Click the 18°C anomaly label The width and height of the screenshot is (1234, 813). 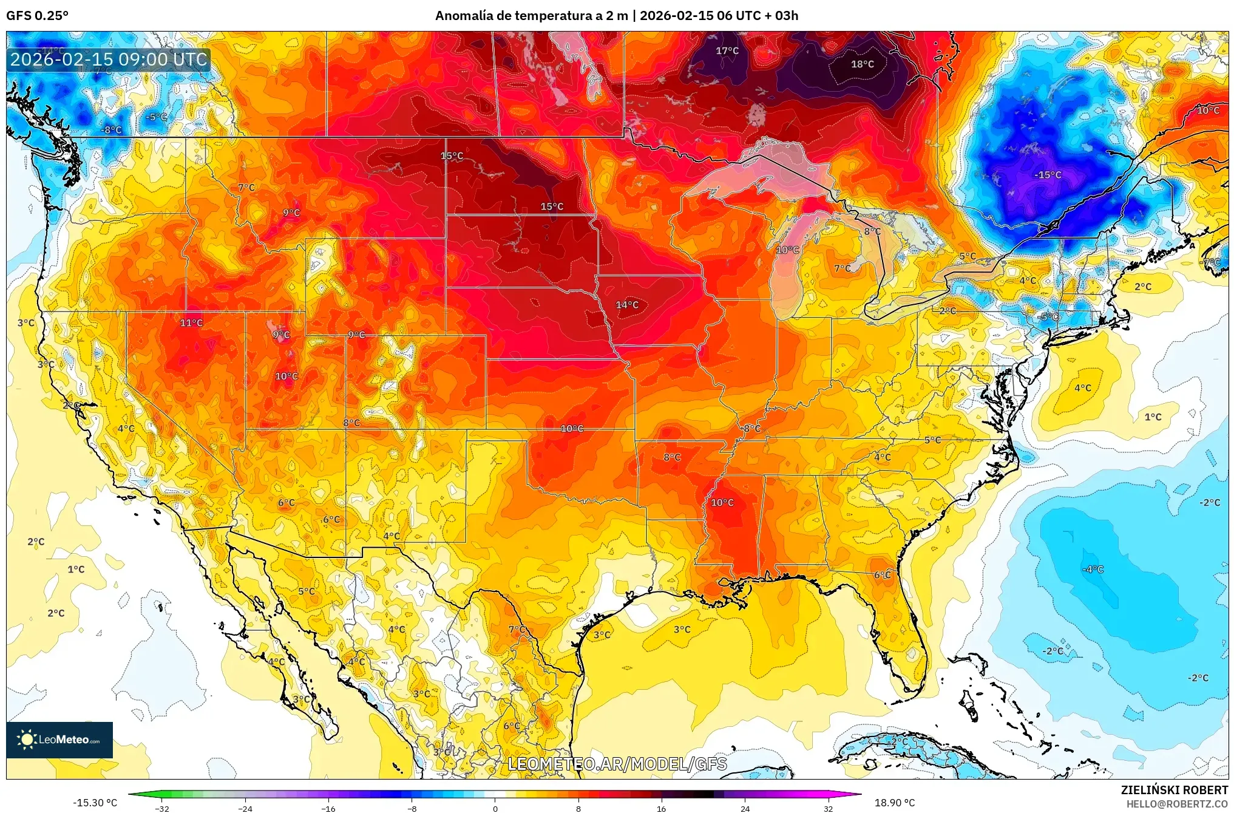[862, 64]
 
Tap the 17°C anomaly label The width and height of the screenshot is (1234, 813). [727, 51]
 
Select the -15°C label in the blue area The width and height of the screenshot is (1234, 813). [1048, 175]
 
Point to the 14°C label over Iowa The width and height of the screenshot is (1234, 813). [627, 305]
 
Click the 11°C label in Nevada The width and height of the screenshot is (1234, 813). [191, 323]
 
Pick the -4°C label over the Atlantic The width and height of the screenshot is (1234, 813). [1093, 569]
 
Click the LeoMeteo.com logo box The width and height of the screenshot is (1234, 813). [59, 740]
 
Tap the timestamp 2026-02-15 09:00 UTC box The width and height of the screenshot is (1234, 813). [109, 60]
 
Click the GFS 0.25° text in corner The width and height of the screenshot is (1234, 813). [38, 16]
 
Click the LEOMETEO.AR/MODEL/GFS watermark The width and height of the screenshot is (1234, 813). [617, 764]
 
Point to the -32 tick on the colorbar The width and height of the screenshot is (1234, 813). [162, 808]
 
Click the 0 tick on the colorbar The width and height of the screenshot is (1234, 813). [495, 808]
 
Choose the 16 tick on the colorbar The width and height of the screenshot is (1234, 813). [661, 808]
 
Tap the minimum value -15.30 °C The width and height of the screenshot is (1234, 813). [95, 803]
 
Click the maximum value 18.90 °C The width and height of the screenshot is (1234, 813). [894, 803]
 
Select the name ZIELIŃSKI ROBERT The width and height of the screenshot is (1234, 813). [1174, 790]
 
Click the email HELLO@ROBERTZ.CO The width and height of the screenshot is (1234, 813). [1177, 804]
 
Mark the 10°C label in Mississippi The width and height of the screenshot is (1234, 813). [722, 503]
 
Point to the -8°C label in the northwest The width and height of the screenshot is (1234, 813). [112, 130]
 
